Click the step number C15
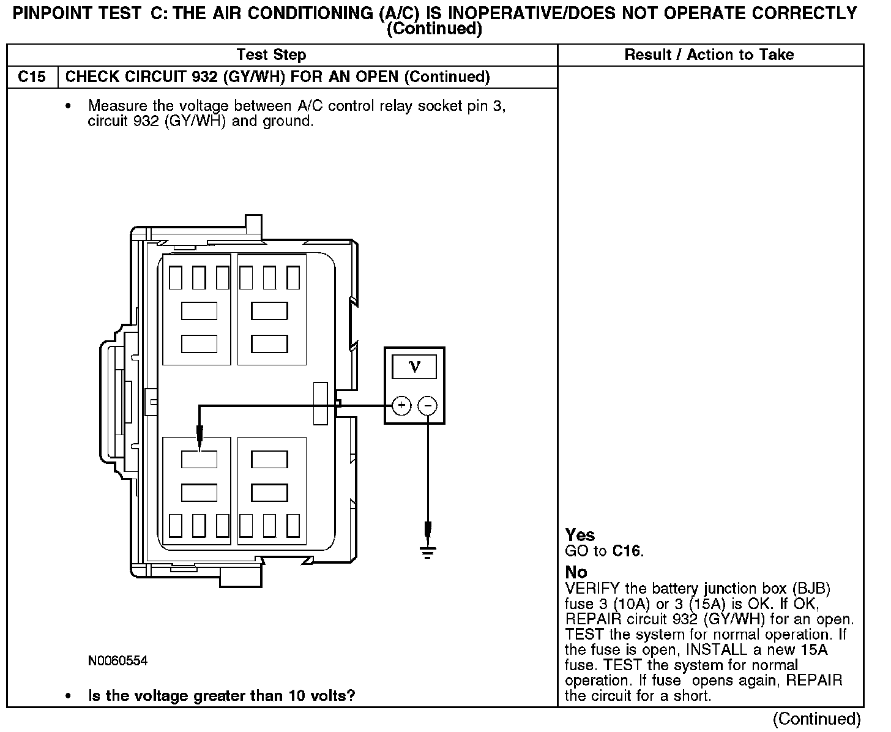pyautogui.click(x=31, y=77)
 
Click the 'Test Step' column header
pyautogui.click(x=271, y=55)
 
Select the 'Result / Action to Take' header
pyautogui.click(x=709, y=55)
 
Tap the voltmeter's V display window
pyautogui.click(x=414, y=367)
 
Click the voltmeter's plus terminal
pyautogui.click(x=401, y=405)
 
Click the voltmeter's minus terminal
pyautogui.click(x=428, y=405)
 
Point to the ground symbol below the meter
pyautogui.click(x=428, y=552)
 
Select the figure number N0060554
pyautogui.click(x=117, y=661)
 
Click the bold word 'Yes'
pyautogui.click(x=580, y=535)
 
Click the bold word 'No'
pyautogui.click(x=576, y=572)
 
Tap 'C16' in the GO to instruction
pyautogui.click(x=626, y=551)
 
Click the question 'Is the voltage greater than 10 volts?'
pyautogui.click(x=222, y=696)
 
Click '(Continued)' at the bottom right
pyautogui.click(x=816, y=719)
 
